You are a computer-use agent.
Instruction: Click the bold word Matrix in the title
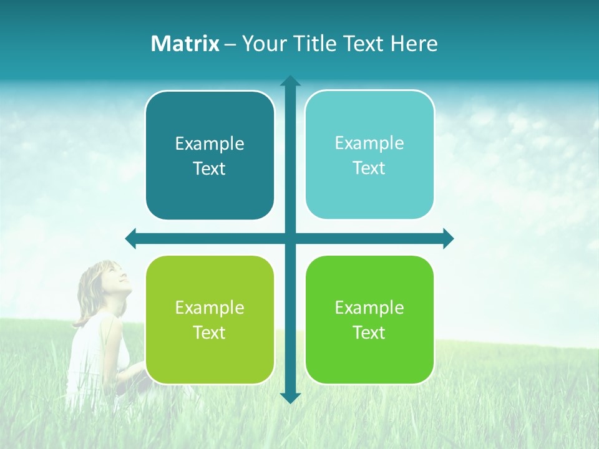click(x=185, y=44)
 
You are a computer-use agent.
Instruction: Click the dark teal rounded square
click(x=210, y=155)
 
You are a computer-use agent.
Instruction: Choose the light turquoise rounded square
click(x=369, y=155)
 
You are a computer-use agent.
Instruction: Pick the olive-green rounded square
click(x=210, y=319)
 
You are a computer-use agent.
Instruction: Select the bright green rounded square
click(x=369, y=319)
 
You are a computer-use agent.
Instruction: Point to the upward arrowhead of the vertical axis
click(x=290, y=81)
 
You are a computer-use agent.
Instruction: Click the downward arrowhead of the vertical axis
click(x=290, y=397)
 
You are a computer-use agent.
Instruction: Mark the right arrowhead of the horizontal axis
click(x=447, y=238)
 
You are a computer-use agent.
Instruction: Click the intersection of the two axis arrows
click(x=290, y=238)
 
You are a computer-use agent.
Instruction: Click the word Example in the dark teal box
click(x=210, y=144)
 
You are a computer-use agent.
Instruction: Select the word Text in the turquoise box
click(x=369, y=168)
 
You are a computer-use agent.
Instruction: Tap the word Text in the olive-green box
click(x=209, y=332)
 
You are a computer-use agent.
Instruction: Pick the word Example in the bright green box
click(x=369, y=307)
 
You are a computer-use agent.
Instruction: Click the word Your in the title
click(x=261, y=44)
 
